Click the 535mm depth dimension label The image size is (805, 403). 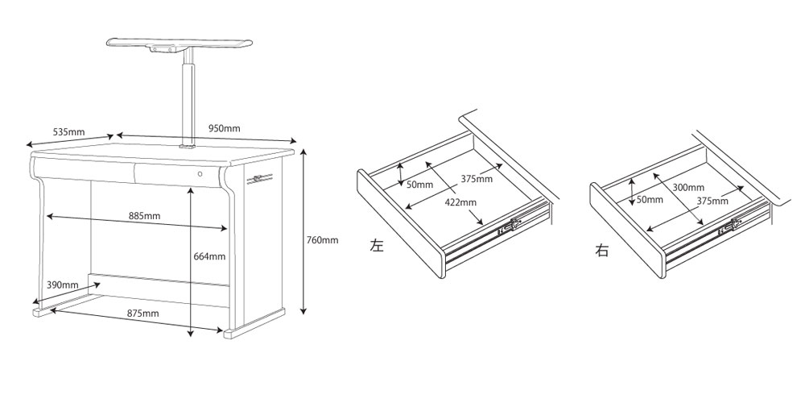tap(68, 131)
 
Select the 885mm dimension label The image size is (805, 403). tap(144, 216)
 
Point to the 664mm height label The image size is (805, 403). tap(208, 256)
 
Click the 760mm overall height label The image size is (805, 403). tap(323, 239)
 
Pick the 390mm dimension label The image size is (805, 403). tap(62, 285)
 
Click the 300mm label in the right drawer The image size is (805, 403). tap(688, 188)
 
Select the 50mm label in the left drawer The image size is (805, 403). tap(419, 185)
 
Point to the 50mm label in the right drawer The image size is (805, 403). tap(650, 199)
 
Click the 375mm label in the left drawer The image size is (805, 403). tap(477, 179)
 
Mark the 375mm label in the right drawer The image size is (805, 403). tap(712, 201)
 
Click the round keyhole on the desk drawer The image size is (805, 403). tap(200, 173)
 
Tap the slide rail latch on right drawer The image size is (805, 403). tap(732, 226)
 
